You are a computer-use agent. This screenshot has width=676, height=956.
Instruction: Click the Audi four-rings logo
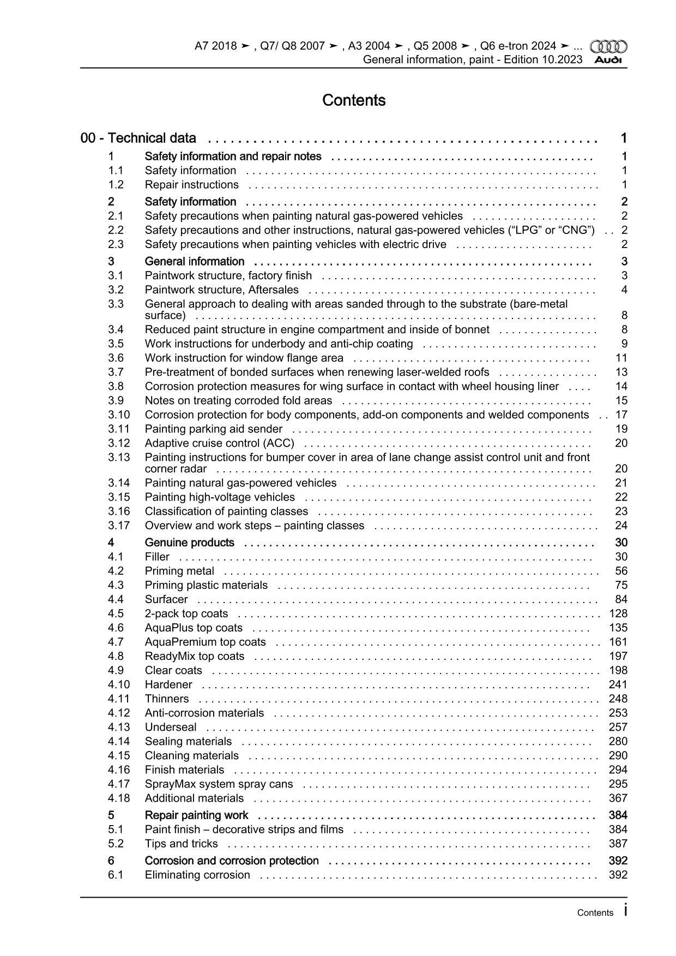[609, 46]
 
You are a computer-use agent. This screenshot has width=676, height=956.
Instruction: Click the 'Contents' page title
[354, 100]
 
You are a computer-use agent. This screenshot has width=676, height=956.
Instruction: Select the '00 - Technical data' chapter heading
[138, 138]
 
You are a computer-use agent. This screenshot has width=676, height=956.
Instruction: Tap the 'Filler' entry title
[157, 557]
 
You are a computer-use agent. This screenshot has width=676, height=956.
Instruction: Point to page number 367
[618, 798]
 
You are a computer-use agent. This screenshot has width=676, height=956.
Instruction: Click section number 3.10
[119, 415]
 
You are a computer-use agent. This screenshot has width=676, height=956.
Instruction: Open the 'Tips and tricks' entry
[181, 844]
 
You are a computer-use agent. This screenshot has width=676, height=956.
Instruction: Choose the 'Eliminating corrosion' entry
[197, 875]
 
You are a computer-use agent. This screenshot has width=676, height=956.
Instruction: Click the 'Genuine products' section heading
[189, 543]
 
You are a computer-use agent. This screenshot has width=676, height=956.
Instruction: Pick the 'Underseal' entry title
[171, 727]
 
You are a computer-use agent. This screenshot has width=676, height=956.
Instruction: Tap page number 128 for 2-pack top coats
[618, 614]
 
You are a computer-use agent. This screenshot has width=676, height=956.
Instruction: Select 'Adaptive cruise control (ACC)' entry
[219, 443]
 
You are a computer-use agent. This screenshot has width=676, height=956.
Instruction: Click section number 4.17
[119, 784]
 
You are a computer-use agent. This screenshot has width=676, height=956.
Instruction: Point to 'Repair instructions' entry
[191, 185]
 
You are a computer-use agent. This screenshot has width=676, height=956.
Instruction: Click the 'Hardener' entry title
[168, 684]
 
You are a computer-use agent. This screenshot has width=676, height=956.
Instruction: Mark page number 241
[618, 684]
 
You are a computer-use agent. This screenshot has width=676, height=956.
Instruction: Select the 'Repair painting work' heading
[196, 815]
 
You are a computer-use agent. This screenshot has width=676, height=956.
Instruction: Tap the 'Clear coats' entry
[173, 670]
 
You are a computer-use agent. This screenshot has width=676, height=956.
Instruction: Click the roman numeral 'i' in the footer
[625, 910]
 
